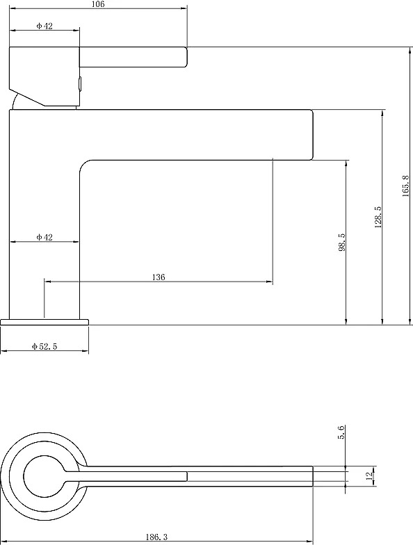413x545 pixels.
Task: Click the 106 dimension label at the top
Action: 99,4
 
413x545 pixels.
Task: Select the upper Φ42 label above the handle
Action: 44,26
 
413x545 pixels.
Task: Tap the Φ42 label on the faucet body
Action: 44,237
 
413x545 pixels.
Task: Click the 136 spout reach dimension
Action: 159,277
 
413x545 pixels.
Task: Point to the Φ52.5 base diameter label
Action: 44,346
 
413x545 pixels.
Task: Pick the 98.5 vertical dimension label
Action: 342,242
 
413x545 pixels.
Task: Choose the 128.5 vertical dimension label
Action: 378,217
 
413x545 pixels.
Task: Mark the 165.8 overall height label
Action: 406,186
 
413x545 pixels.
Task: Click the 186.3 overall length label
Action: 156,537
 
